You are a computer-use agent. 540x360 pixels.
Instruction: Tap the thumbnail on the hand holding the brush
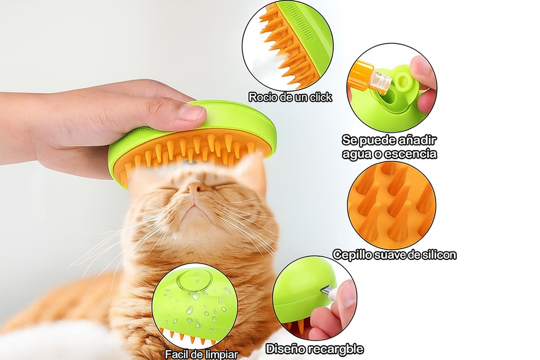[x=191, y=113]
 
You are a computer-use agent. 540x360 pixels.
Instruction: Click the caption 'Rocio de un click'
[x=290, y=97]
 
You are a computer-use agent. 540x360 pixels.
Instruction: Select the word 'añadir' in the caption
[x=418, y=141]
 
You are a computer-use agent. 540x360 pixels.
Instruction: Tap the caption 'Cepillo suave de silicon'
[x=394, y=255]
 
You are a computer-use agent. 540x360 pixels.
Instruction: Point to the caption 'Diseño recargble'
[x=314, y=349]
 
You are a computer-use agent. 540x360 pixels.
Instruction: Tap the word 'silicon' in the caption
[x=438, y=255]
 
